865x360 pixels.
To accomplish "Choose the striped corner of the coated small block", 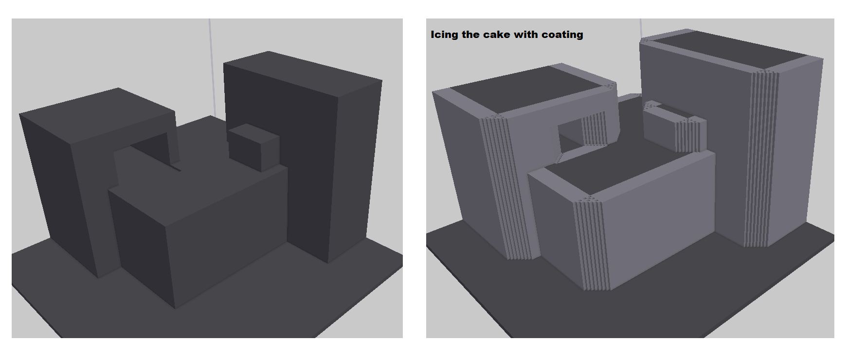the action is pyautogui.click(x=691, y=134).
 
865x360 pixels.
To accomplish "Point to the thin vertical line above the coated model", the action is pyautogui.click(x=641, y=29).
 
